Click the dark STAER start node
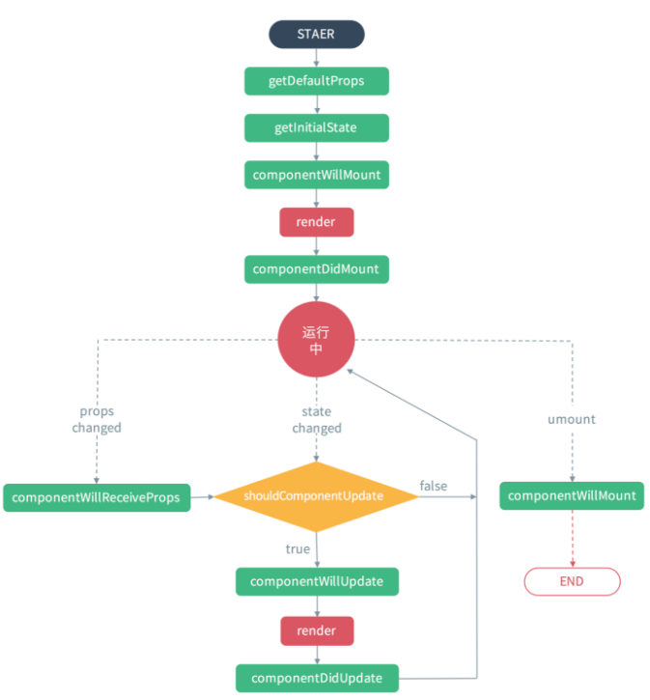point(316,34)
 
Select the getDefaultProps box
point(316,81)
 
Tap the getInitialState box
point(316,127)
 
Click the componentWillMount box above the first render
point(316,175)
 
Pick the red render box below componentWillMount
point(316,222)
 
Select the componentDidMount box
point(316,269)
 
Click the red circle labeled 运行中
point(316,340)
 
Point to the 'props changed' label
point(97,419)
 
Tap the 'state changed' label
point(316,419)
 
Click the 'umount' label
point(572,419)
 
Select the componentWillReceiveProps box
point(97,497)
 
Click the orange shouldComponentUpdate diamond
point(316,496)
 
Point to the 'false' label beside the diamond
point(434,486)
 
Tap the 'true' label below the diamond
point(297,548)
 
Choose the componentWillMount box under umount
point(572,496)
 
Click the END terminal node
point(572,581)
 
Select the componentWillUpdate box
point(316,581)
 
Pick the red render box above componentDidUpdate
point(316,630)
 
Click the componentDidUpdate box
point(316,678)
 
